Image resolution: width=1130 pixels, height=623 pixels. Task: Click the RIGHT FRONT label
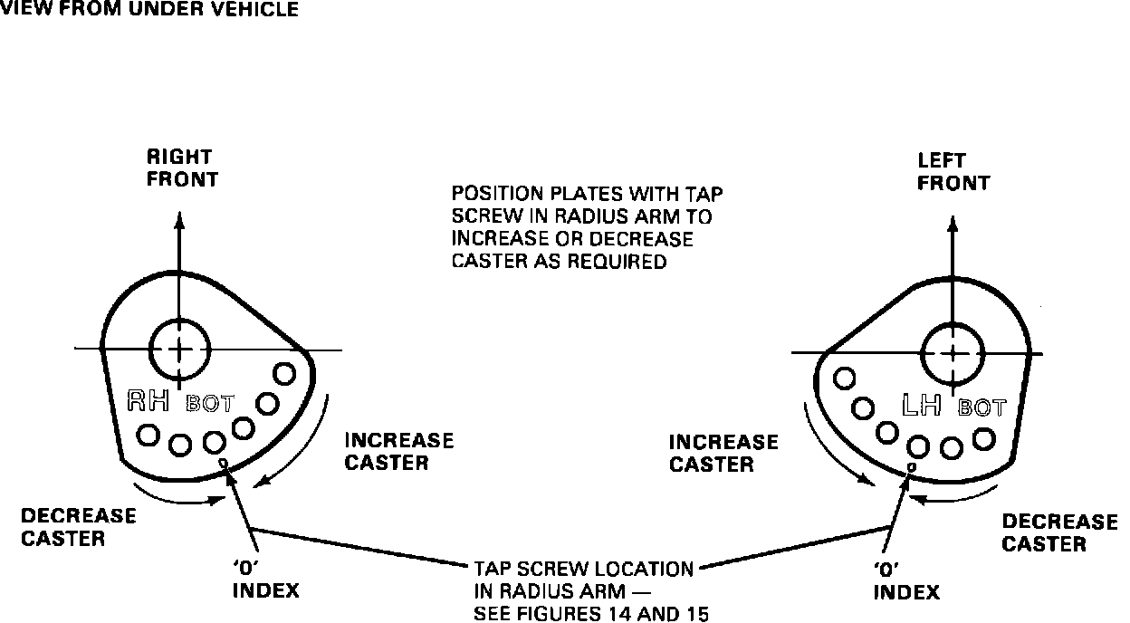(182, 168)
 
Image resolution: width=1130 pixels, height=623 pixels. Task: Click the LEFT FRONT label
(953, 172)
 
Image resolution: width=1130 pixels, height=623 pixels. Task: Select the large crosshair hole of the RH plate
(179, 349)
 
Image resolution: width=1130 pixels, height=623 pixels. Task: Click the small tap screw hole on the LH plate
(911, 466)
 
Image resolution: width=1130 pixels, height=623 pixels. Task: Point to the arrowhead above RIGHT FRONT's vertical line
(179, 220)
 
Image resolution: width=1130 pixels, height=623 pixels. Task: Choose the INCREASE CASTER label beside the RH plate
(398, 452)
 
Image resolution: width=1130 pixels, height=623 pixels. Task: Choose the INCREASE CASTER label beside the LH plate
(723, 453)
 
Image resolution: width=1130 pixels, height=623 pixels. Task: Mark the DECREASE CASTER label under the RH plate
(78, 527)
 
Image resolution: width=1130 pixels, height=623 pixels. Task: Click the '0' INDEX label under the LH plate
(905, 584)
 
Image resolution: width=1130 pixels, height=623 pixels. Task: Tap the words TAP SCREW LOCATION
(584, 570)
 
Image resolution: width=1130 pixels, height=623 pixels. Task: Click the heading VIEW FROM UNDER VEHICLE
(149, 10)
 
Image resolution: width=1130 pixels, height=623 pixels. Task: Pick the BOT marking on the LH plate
(982, 408)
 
